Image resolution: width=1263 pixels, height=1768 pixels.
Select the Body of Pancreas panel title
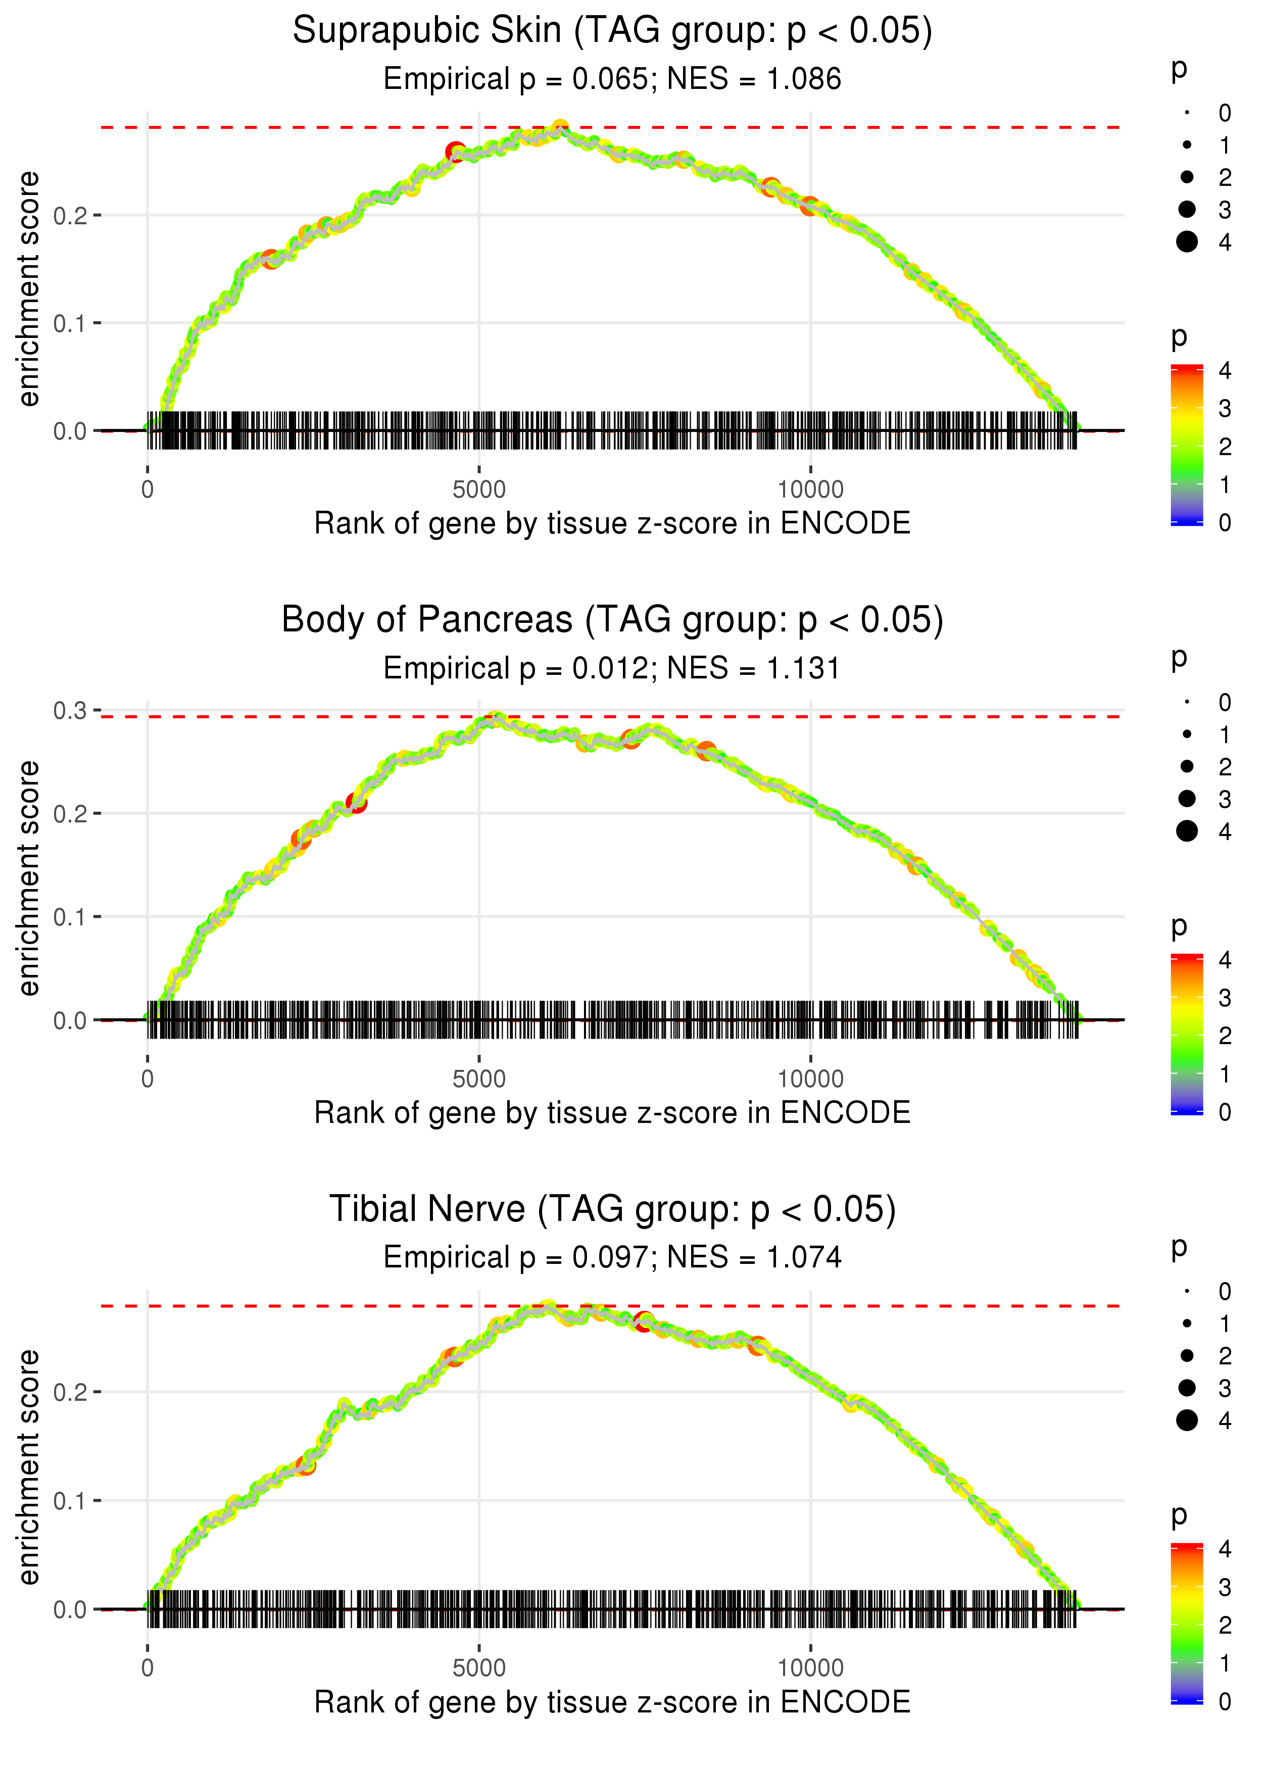[x=612, y=620]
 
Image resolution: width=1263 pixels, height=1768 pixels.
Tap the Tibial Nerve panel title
[x=612, y=1210]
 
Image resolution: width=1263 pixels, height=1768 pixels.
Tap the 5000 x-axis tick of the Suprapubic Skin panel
[x=479, y=490]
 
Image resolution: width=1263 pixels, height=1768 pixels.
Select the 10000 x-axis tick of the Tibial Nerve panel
[x=810, y=1668]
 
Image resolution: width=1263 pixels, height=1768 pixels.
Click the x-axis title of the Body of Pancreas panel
[x=612, y=1113]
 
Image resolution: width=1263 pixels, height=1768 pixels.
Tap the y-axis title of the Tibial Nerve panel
[x=29, y=1466]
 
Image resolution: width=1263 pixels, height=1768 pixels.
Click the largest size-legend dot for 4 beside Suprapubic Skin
[x=1187, y=242]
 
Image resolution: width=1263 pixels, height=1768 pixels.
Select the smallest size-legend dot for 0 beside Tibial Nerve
[x=1187, y=1292]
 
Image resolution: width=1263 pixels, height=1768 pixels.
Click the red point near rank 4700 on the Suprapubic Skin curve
[x=456, y=153]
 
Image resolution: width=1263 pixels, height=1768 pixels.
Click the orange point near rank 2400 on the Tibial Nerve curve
[x=306, y=1465]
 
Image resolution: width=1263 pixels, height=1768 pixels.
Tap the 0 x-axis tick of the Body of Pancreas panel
[x=148, y=1079]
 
